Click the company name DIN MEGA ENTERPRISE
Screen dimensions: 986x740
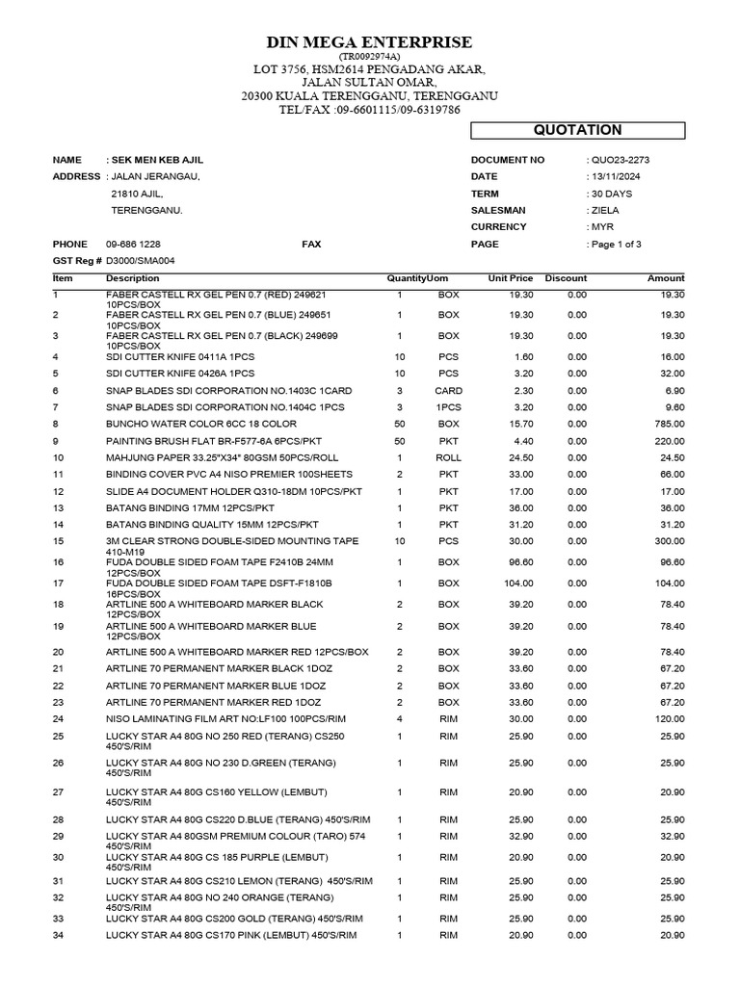370,42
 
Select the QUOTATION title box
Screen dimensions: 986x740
578,130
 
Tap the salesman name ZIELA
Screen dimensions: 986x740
605,210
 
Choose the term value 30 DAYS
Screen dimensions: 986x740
612,194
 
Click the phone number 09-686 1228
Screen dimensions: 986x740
133,245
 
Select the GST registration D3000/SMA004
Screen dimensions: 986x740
141,261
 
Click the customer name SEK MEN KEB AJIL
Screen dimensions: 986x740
158,160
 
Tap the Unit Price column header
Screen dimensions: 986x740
511,278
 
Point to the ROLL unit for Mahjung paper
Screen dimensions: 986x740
449,457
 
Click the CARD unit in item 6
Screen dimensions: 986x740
449,391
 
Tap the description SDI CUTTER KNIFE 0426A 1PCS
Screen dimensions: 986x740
180,374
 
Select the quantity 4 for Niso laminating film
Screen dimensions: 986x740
399,719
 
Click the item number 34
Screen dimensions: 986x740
59,936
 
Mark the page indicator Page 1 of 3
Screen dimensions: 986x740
617,245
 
